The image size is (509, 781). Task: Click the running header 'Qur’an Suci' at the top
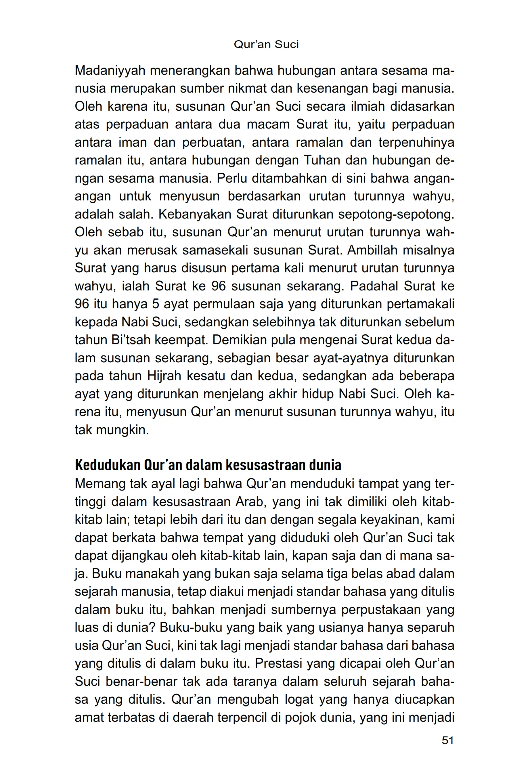pos(266,44)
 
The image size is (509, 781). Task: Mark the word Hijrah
pos(164,376)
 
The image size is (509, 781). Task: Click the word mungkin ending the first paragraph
pos(122,430)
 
